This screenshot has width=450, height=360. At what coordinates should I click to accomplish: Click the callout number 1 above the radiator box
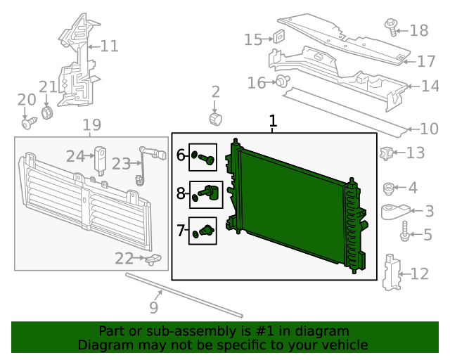tap(273, 121)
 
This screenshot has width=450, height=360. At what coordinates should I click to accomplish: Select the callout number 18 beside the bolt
tap(418, 30)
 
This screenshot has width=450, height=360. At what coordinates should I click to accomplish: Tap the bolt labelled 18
tap(391, 27)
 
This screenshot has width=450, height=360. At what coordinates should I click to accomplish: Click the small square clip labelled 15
tap(278, 38)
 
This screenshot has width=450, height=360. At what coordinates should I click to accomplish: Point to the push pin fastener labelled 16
tap(283, 82)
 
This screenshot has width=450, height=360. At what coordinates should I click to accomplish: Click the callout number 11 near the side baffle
tap(109, 46)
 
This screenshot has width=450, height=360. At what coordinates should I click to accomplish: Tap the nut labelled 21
tap(47, 112)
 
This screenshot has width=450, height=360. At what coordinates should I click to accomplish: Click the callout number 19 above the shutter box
tap(92, 127)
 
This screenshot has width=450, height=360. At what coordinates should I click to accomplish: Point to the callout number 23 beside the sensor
tap(121, 164)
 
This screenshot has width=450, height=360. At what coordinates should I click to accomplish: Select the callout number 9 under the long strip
tap(153, 307)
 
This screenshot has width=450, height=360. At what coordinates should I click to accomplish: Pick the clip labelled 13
tap(386, 153)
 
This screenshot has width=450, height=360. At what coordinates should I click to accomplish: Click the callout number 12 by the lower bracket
tap(419, 274)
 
